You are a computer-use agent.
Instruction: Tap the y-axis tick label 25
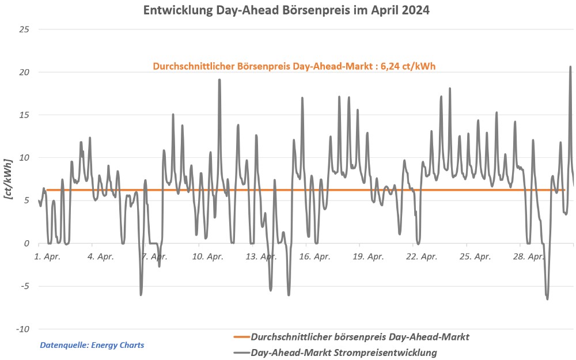pyautogui.click(x=25, y=29)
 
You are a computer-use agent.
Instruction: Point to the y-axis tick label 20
pyautogui.click(x=25, y=72)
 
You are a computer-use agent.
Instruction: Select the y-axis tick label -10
pyautogui.click(x=22, y=329)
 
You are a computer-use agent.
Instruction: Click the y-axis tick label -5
pyautogui.click(x=25, y=286)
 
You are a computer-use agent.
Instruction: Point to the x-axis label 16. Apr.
pyautogui.click(x=314, y=256)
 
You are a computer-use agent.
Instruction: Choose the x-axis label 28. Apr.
pyautogui.click(x=528, y=256)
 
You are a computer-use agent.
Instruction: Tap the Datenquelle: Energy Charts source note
pyautogui.click(x=92, y=345)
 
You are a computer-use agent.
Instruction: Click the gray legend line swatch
pyautogui.click(x=241, y=352)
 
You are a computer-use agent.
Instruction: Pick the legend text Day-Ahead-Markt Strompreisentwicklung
pyautogui.click(x=344, y=352)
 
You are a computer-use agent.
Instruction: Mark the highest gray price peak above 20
pyautogui.click(x=570, y=67)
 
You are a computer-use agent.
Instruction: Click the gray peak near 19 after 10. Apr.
pyautogui.click(x=219, y=80)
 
